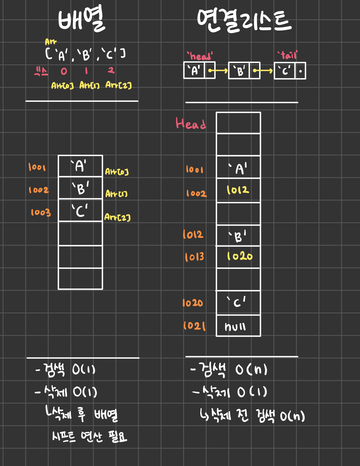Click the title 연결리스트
(x=244, y=21)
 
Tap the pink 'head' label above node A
(x=200, y=56)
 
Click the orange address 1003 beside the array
(x=41, y=213)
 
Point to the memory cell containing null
(x=238, y=326)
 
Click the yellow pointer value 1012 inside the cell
(x=238, y=190)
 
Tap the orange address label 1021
(x=194, y=326)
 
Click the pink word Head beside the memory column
(x=191, y=123)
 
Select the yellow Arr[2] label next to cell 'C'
(x=117, y=217)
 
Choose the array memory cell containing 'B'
(x=80, y=188)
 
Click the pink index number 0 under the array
(x=64, y=71)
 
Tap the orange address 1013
(x=194, y=257)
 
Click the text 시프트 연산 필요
(x=89, y=437)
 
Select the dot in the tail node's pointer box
(x=301, y=71)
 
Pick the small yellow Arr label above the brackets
(x=51, y=42)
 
